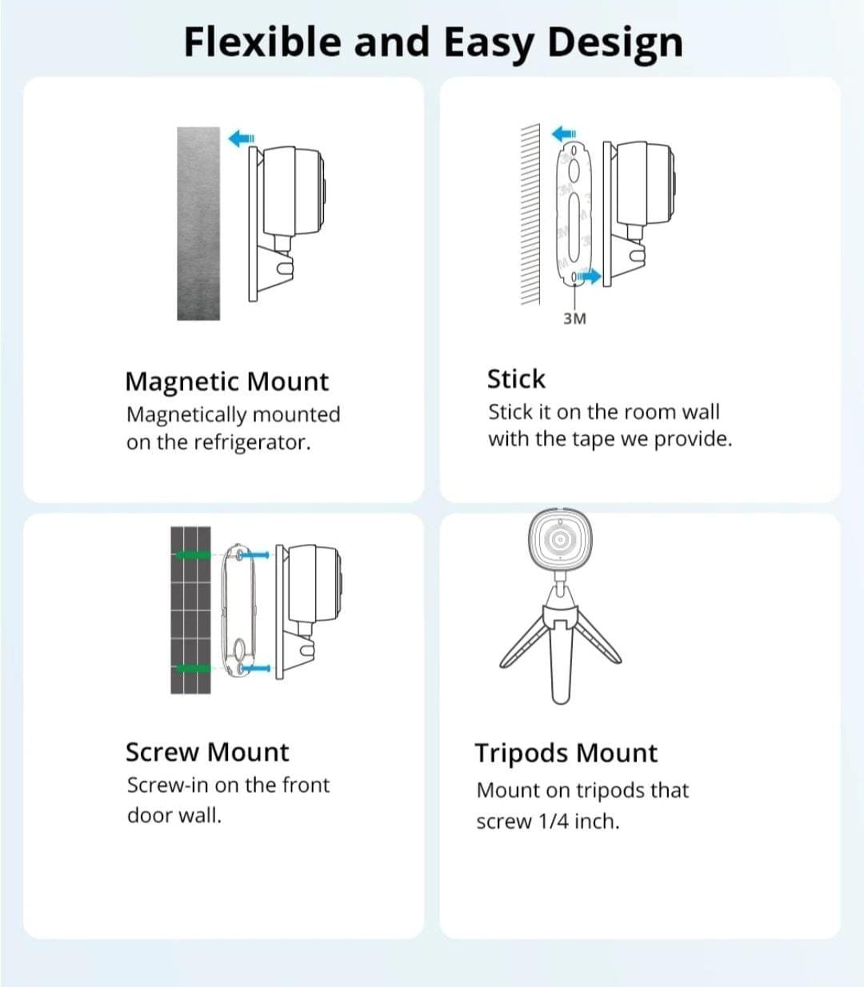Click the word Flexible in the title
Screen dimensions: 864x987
pyautogui.click(x=263, y=42)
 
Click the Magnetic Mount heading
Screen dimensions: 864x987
pyautogui.click(x=226, y=382)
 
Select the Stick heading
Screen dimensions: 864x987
pyautogui.click(x=516, y=378)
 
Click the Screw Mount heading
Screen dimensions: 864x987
pyautogui.click(x=207, y=752)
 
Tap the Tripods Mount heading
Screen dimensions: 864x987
pyautogui.click(x=566, y=753)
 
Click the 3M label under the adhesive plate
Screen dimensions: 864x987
pyautogui.click(x=574, y=319)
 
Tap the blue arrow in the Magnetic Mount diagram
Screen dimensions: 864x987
pyautogui.click(x=242, y=138)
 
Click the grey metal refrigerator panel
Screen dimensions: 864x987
pyautogui.click(x=198, y=223)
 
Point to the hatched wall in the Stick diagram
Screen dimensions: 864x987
pyautogui.click(x=530, y=214)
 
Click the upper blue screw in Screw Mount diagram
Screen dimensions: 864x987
pyautogui.click(x=254, y=556)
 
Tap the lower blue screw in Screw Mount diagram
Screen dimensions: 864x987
pyautogui.click(x=256, y=668)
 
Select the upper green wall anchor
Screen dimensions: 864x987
pyautogui.click(x=194, y=556)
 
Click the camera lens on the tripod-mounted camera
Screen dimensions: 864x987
pyautogui.click(x=560, y=539)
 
